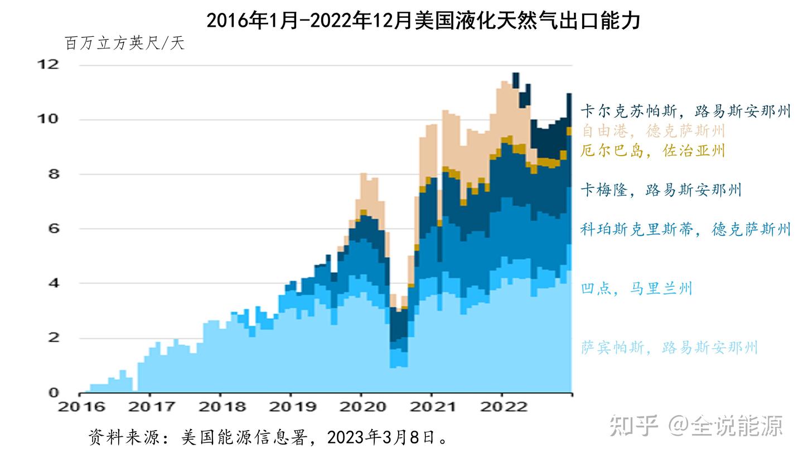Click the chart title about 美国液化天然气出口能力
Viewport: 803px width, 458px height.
(x=423, y=20)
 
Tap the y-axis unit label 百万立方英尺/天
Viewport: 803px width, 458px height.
(x=124, y=44)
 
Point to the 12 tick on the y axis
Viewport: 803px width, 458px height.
(x=47, y=64)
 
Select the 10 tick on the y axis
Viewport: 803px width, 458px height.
(x=47, y=119)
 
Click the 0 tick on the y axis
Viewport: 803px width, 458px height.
(x=53, y=392)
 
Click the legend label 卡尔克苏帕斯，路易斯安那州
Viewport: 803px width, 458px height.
(x=685, y=111)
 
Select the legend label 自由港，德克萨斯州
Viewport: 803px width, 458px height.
(x=652, y=131)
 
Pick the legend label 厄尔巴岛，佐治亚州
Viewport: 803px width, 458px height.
(x=652, y=151)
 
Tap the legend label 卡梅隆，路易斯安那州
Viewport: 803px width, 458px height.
(x=661, y=190)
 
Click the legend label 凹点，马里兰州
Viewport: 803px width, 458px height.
(x=636, y=288)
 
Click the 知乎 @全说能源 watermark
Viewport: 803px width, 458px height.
(x=696, y=426)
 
